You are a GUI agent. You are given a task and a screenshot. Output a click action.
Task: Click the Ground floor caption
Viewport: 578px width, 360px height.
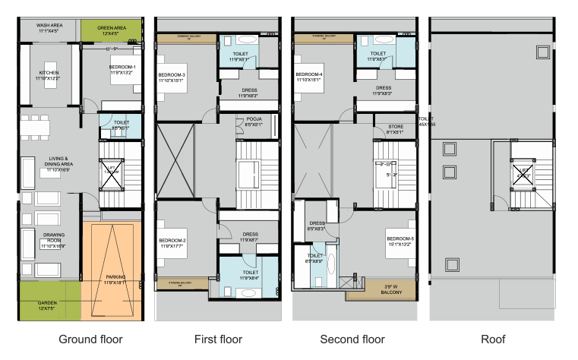(90, 339)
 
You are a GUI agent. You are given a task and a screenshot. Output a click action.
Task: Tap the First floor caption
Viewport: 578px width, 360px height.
(216, 339)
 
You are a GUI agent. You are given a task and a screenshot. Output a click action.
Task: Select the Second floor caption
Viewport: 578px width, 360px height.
(352, 339)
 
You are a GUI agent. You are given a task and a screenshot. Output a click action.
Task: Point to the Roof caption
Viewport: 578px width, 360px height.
(494, 339)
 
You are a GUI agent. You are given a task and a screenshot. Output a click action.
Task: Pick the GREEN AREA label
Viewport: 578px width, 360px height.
(112, 31)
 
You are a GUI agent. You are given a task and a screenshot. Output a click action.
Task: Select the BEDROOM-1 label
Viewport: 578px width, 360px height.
(122, 71)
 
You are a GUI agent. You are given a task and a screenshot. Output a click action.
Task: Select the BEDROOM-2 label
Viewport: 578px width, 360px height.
(172, 242)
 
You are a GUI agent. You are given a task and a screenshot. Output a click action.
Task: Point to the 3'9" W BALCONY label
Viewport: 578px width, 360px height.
(391, 287)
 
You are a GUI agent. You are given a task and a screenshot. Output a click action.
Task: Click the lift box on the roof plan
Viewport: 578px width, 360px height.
(521, 172)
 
